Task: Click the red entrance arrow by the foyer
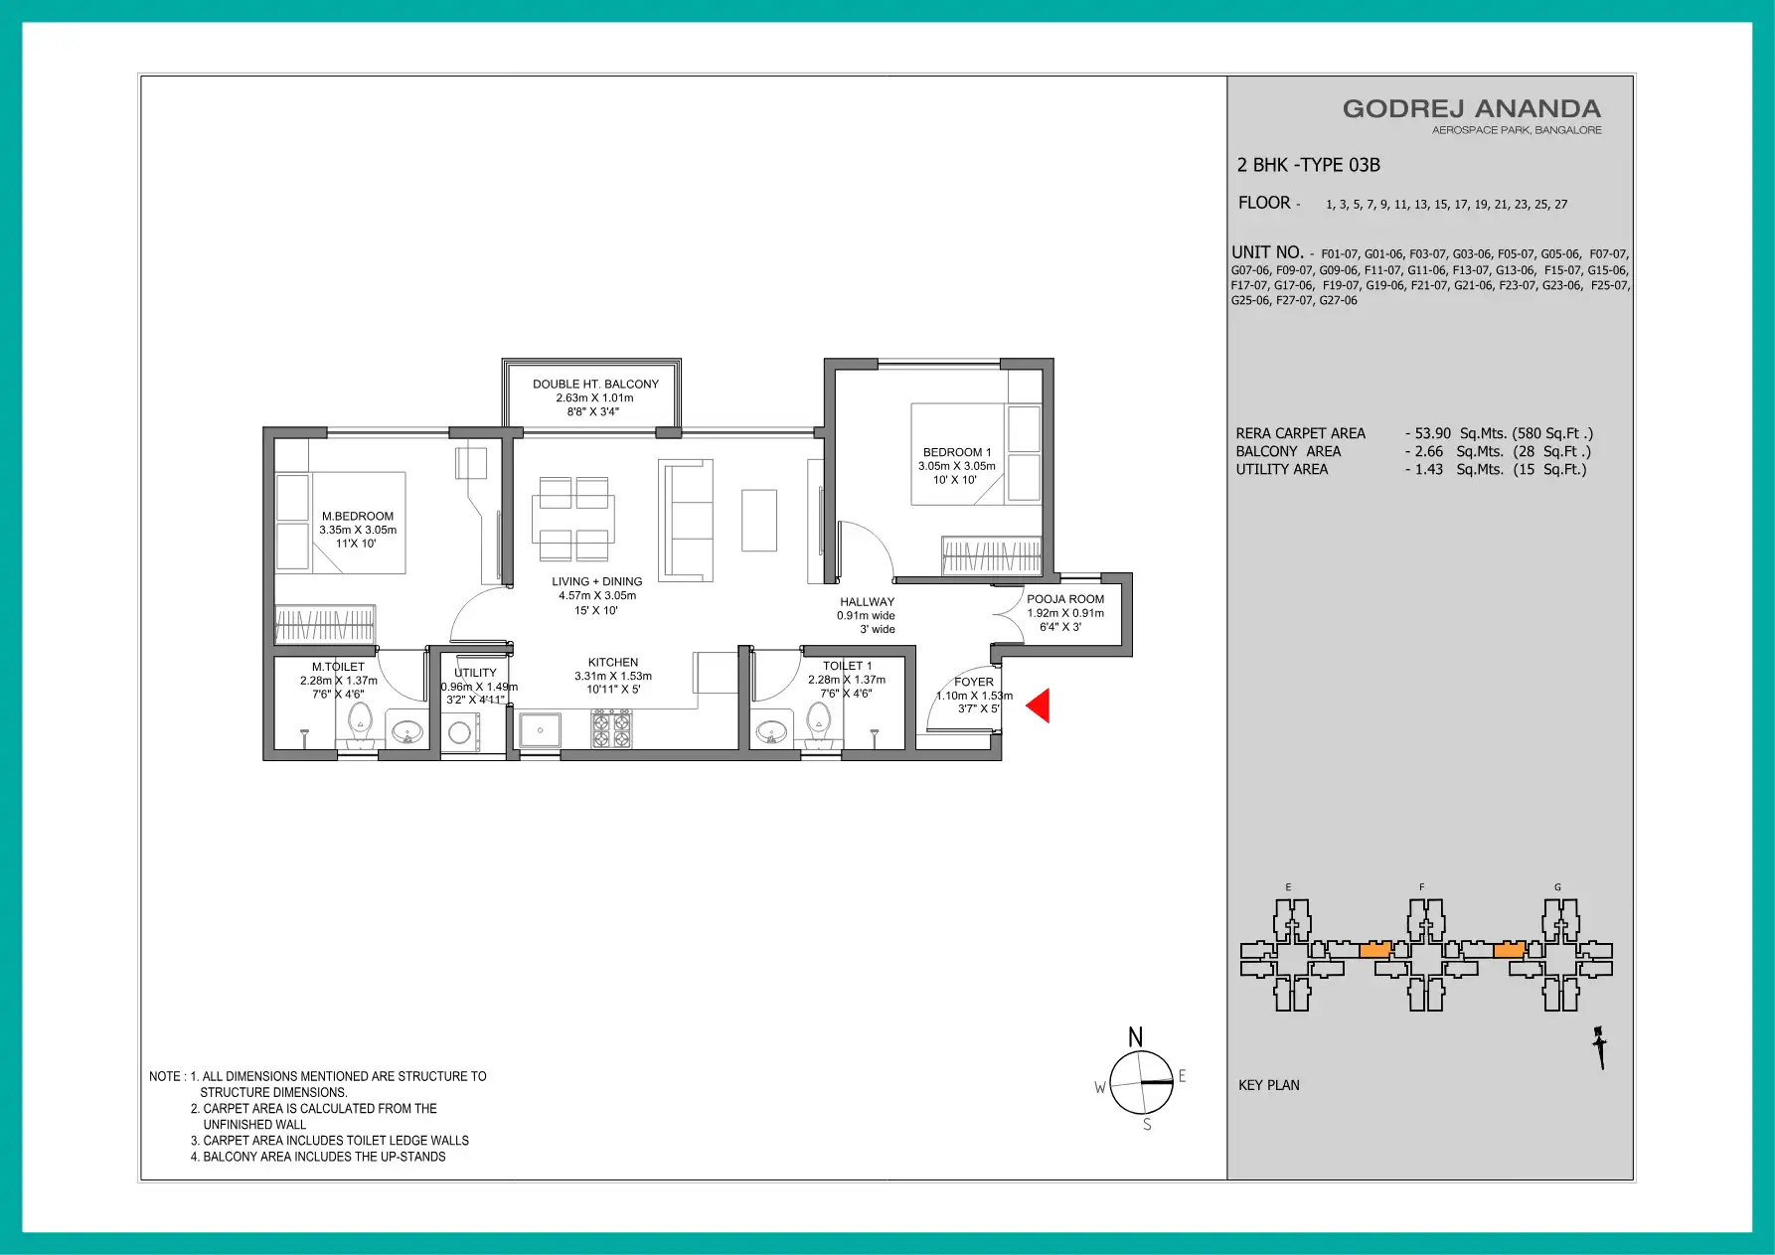1039,706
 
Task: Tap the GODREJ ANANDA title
1472,108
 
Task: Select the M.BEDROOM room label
358,516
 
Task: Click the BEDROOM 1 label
957,452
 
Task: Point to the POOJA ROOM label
1065,599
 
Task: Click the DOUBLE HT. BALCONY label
595,384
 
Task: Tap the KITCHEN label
613,662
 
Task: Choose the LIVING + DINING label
597,581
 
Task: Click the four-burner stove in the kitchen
611,729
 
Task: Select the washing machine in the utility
460,733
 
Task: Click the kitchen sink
540,730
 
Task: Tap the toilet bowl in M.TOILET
360,724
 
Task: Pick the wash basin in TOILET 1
771,733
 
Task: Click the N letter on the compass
1135,1037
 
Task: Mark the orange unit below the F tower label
1375,950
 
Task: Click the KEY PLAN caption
1269,1085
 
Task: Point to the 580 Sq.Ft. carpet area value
1552,433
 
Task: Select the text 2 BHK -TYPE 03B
1309,165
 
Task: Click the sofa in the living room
686,520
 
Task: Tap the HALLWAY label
868,601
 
